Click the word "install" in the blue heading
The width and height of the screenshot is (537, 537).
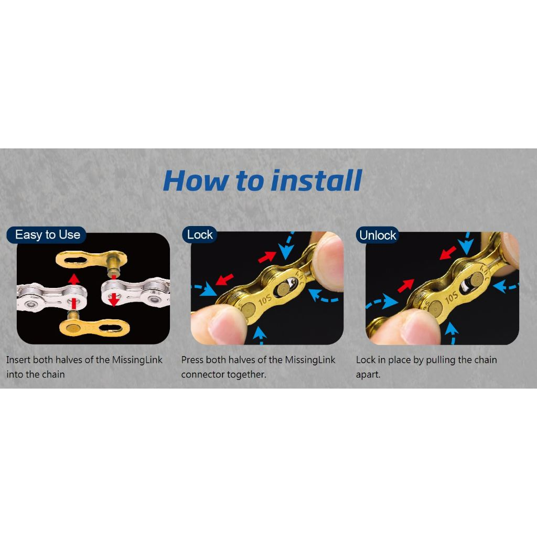[316, 180]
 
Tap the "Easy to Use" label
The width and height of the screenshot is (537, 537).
[48, 234]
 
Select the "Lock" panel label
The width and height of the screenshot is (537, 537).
[200, 234]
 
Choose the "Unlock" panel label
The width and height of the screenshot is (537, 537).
[378, 235]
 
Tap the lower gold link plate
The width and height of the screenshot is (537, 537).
[94, 327]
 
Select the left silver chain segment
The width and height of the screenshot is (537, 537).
[52, 297]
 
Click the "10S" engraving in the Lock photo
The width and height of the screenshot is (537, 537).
[265, 299]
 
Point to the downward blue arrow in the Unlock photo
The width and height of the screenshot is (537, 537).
[466, 243]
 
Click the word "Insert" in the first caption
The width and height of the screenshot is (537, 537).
[18, 360]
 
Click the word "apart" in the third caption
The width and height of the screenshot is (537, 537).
[368, 374]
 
